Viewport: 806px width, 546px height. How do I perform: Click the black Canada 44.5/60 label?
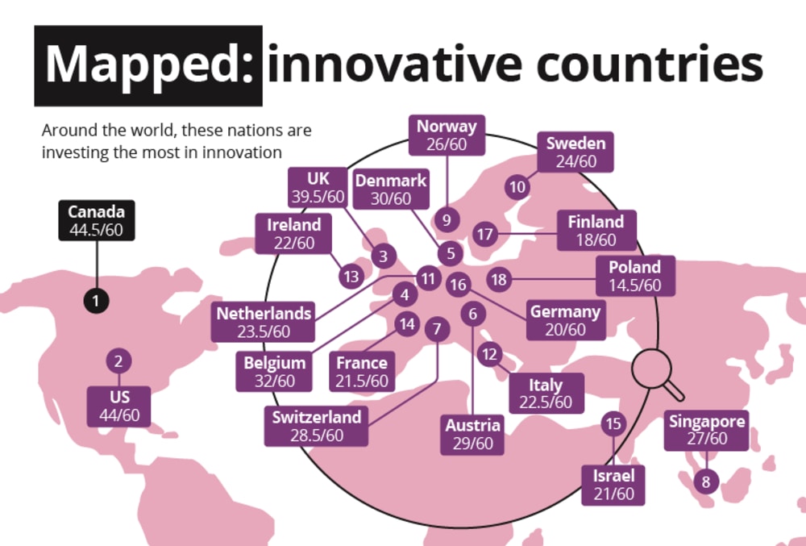coord(97,220)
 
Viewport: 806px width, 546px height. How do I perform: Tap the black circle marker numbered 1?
coord(96,300)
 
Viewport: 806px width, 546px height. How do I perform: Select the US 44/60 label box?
coord(118,406)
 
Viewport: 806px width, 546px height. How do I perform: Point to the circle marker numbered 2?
coord(118,361)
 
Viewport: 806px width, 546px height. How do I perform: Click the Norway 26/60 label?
coord(447,135)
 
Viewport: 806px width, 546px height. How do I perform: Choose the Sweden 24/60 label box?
coord(575,152)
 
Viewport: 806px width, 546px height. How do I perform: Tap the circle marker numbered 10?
coord(517,187)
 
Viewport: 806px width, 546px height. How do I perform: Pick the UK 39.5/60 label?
coord(318,188)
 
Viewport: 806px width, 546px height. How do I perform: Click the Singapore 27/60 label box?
coord(707,431)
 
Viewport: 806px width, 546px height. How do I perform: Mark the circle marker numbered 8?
coord(706,481)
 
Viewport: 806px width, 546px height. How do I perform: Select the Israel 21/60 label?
coord(613,485)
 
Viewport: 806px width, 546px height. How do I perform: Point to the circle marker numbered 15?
coord(613,423)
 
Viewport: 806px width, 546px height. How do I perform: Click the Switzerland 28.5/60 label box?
coord(316,426)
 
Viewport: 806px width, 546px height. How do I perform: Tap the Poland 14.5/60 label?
coord(635,276)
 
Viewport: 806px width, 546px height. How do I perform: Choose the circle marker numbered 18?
coord(499,279)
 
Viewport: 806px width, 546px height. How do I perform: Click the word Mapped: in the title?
coord(150,65)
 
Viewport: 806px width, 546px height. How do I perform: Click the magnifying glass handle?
coord(673,389)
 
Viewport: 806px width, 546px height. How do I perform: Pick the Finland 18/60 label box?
coord(596,231)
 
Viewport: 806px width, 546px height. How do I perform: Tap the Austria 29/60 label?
coord(472,435)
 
